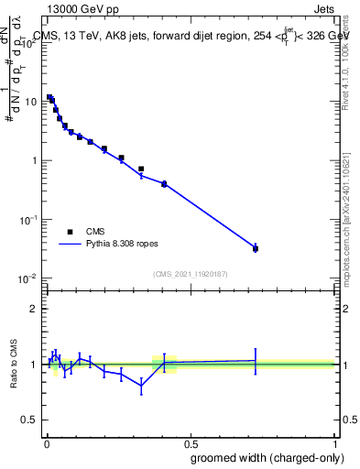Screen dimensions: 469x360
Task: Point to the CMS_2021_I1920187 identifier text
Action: click(191, 273)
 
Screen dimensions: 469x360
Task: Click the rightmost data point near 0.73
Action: click(256, 248)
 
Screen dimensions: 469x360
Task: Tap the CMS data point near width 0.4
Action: click(164, 184)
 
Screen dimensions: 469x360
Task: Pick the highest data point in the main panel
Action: click(49, 97)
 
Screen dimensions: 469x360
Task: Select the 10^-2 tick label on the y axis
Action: click(27, 278)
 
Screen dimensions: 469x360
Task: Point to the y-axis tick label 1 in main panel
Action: click(34, 160)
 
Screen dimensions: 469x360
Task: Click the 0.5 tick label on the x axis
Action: click(189, 441)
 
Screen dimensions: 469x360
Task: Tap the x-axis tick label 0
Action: click(46, 441)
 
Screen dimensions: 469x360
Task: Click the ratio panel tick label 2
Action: click(34, 309)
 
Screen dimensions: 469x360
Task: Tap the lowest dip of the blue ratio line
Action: click(141, 386)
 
